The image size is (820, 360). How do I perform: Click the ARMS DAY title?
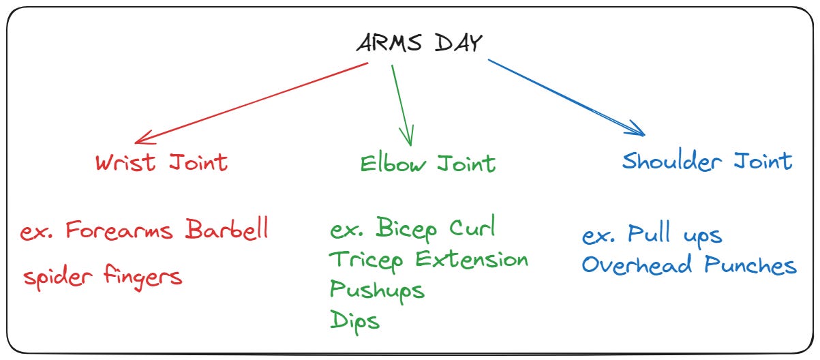coord(419,44)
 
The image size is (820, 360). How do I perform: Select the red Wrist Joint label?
coord(162,162)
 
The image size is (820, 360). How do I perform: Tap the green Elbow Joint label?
coord(427,164)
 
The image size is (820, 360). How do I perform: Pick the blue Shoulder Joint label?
coord(707,162)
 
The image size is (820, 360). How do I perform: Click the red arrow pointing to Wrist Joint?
coord(252,103)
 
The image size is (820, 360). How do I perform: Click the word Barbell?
coord(227,230)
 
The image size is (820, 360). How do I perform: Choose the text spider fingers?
coord(103,276)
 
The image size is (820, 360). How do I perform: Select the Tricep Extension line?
coord(429,259)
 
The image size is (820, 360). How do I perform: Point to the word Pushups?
coord(377,289)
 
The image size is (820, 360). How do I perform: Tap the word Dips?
coord(354,320)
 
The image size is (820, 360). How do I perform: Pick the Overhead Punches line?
coord(688,265)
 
